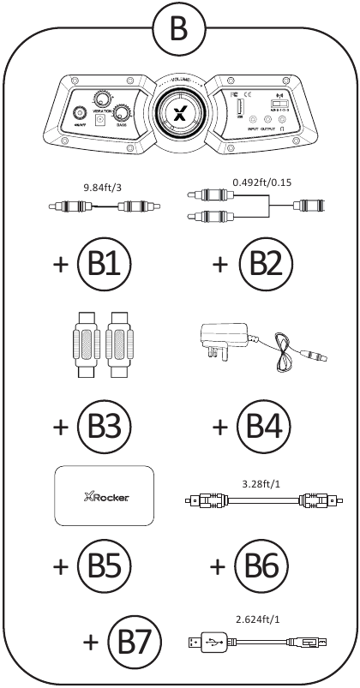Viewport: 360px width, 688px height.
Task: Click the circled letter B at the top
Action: [x=178, y=28]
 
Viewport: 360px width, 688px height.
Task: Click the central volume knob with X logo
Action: [x=181, y=115]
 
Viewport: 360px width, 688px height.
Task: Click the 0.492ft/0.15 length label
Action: [x=260, y=182]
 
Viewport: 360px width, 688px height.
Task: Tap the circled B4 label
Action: [x=263, y=425]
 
